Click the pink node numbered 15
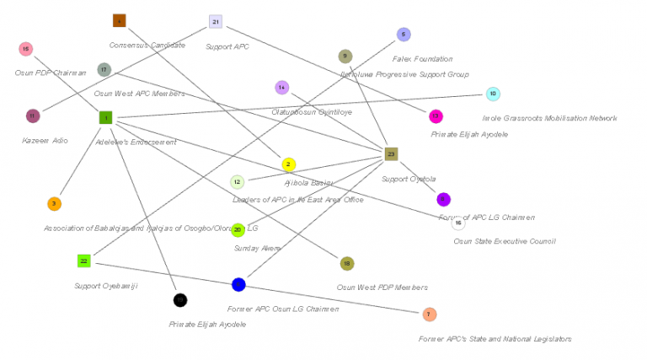26,49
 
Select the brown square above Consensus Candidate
119,20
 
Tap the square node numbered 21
216,21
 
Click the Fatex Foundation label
422,59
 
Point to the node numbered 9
345,56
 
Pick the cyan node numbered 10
493,94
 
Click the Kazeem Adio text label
45,140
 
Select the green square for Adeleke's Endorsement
105,118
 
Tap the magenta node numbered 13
436,116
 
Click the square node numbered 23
391,153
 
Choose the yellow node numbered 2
288,164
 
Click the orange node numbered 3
54,203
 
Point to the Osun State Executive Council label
505,241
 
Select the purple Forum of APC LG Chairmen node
443,200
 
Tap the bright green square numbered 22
83,261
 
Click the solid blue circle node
238,285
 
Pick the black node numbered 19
179,300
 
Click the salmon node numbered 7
430,314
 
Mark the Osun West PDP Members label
382,287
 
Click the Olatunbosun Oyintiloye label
311,111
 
